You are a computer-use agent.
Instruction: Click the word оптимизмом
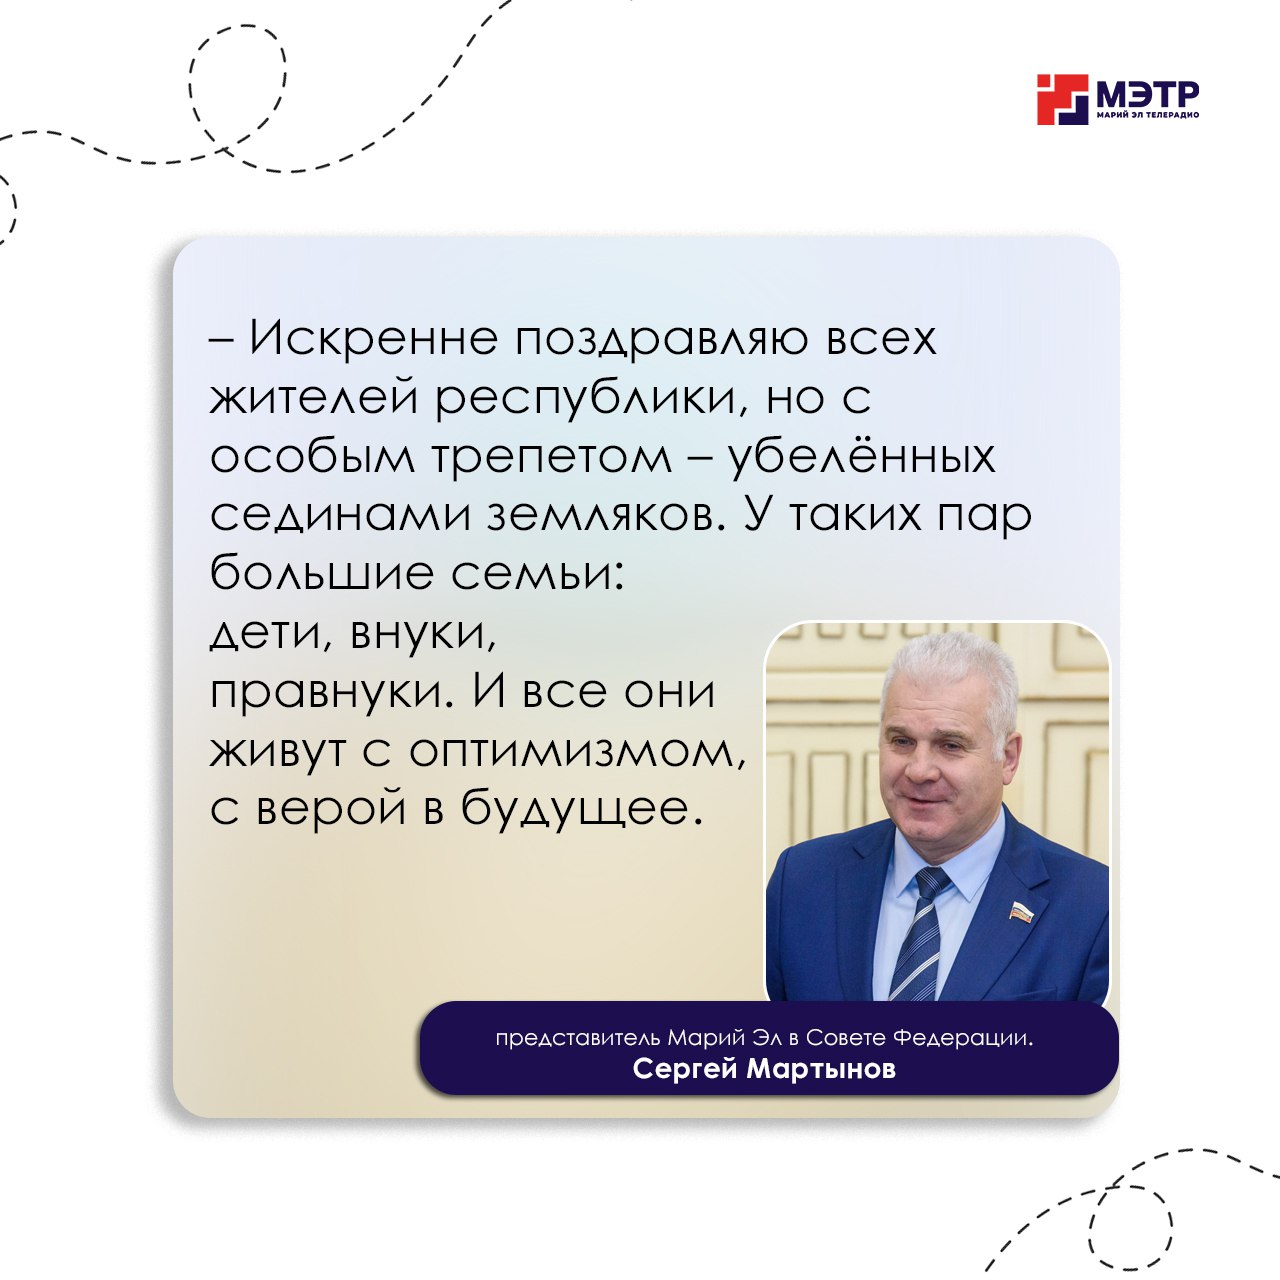(x=576, y=752)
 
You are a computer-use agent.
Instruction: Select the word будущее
(x=581, y=810)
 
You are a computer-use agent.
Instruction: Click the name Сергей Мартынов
(x=764, y=1069)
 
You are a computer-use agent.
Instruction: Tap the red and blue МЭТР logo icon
(x=1062, y=100)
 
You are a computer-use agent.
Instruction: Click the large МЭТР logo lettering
(x=1147, y=96)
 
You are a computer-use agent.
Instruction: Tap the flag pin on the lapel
(x=1021, y=912)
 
